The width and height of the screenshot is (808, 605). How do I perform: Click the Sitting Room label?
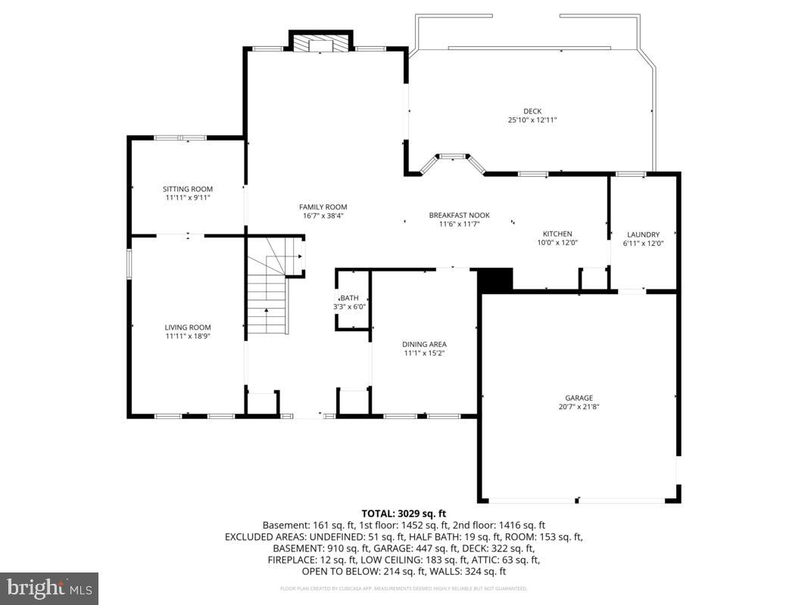[x=188, y=189]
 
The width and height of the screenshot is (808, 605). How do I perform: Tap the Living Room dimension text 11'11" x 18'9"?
[x=188, y=336]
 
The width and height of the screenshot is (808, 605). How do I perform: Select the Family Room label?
[x=323, y=207]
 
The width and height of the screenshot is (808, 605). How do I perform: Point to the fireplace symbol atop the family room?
[x=322, y=45]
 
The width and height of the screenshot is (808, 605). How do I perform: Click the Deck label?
[x=532, y=111]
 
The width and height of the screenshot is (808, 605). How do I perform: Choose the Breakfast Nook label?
[x=454, y=215]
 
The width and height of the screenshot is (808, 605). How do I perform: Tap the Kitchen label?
[x=557, y=234]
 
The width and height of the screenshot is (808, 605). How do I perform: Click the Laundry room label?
[x=643, y=234]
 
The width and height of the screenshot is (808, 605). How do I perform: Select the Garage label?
[x=579, y=398]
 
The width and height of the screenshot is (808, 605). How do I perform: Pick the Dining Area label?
[x=424, y=344]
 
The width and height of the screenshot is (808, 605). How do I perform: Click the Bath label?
[x=350, y=298]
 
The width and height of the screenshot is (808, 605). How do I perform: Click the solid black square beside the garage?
[x=496, y=280]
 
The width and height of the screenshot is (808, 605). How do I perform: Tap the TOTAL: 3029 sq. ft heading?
[x=404, y=513]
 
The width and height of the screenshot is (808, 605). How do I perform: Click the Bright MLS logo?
[x=49, y=588]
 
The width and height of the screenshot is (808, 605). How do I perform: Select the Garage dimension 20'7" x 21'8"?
[x=579, y=407]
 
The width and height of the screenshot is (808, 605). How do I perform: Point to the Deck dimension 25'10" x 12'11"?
[x=532, y=120]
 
